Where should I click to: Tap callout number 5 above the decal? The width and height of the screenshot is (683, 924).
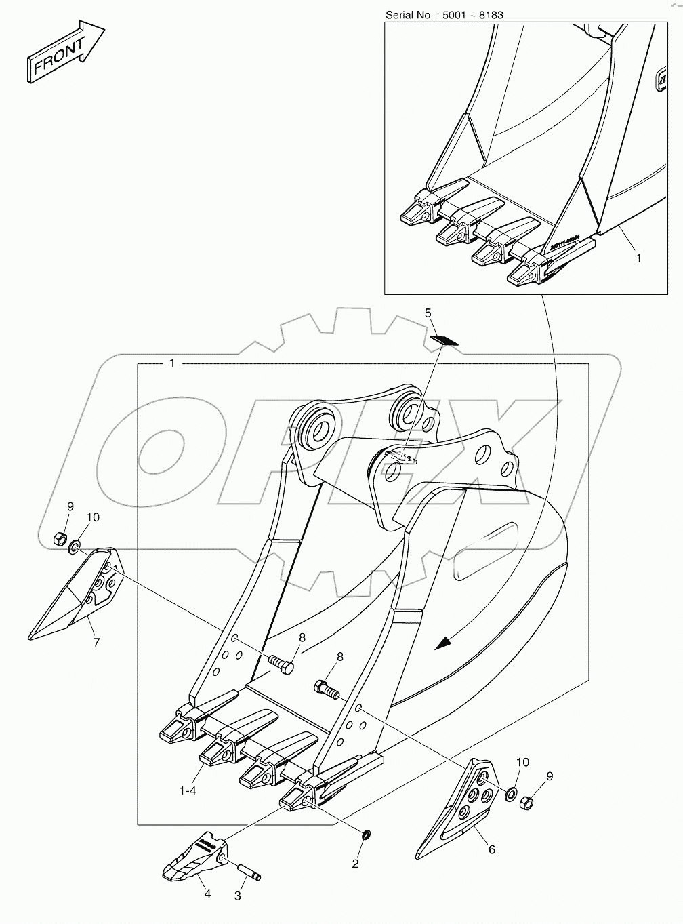tap(428, 313)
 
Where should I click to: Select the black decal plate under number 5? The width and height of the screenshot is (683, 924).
tap(444, 340)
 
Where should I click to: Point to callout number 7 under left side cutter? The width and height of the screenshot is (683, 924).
tap(96, 642)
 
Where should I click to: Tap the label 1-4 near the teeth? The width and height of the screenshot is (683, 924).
tap(188, 790)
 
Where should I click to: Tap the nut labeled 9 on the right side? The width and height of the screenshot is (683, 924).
tap(526, 805)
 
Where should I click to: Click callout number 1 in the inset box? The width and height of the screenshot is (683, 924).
tap(637, 258)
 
